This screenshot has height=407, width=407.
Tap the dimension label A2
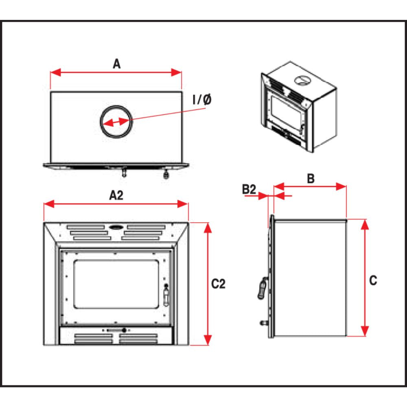click(116, 195)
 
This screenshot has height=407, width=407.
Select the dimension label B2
click(249, 189)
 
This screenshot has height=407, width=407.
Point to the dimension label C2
click(219, 284)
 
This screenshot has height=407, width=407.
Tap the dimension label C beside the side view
click(373, 280)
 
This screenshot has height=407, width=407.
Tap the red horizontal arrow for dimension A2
click(116, 203)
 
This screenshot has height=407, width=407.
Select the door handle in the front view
click(166, 295)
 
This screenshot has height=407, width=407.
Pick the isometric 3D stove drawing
click(298, 107)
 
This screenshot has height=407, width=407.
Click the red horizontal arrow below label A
click(116, 72)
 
